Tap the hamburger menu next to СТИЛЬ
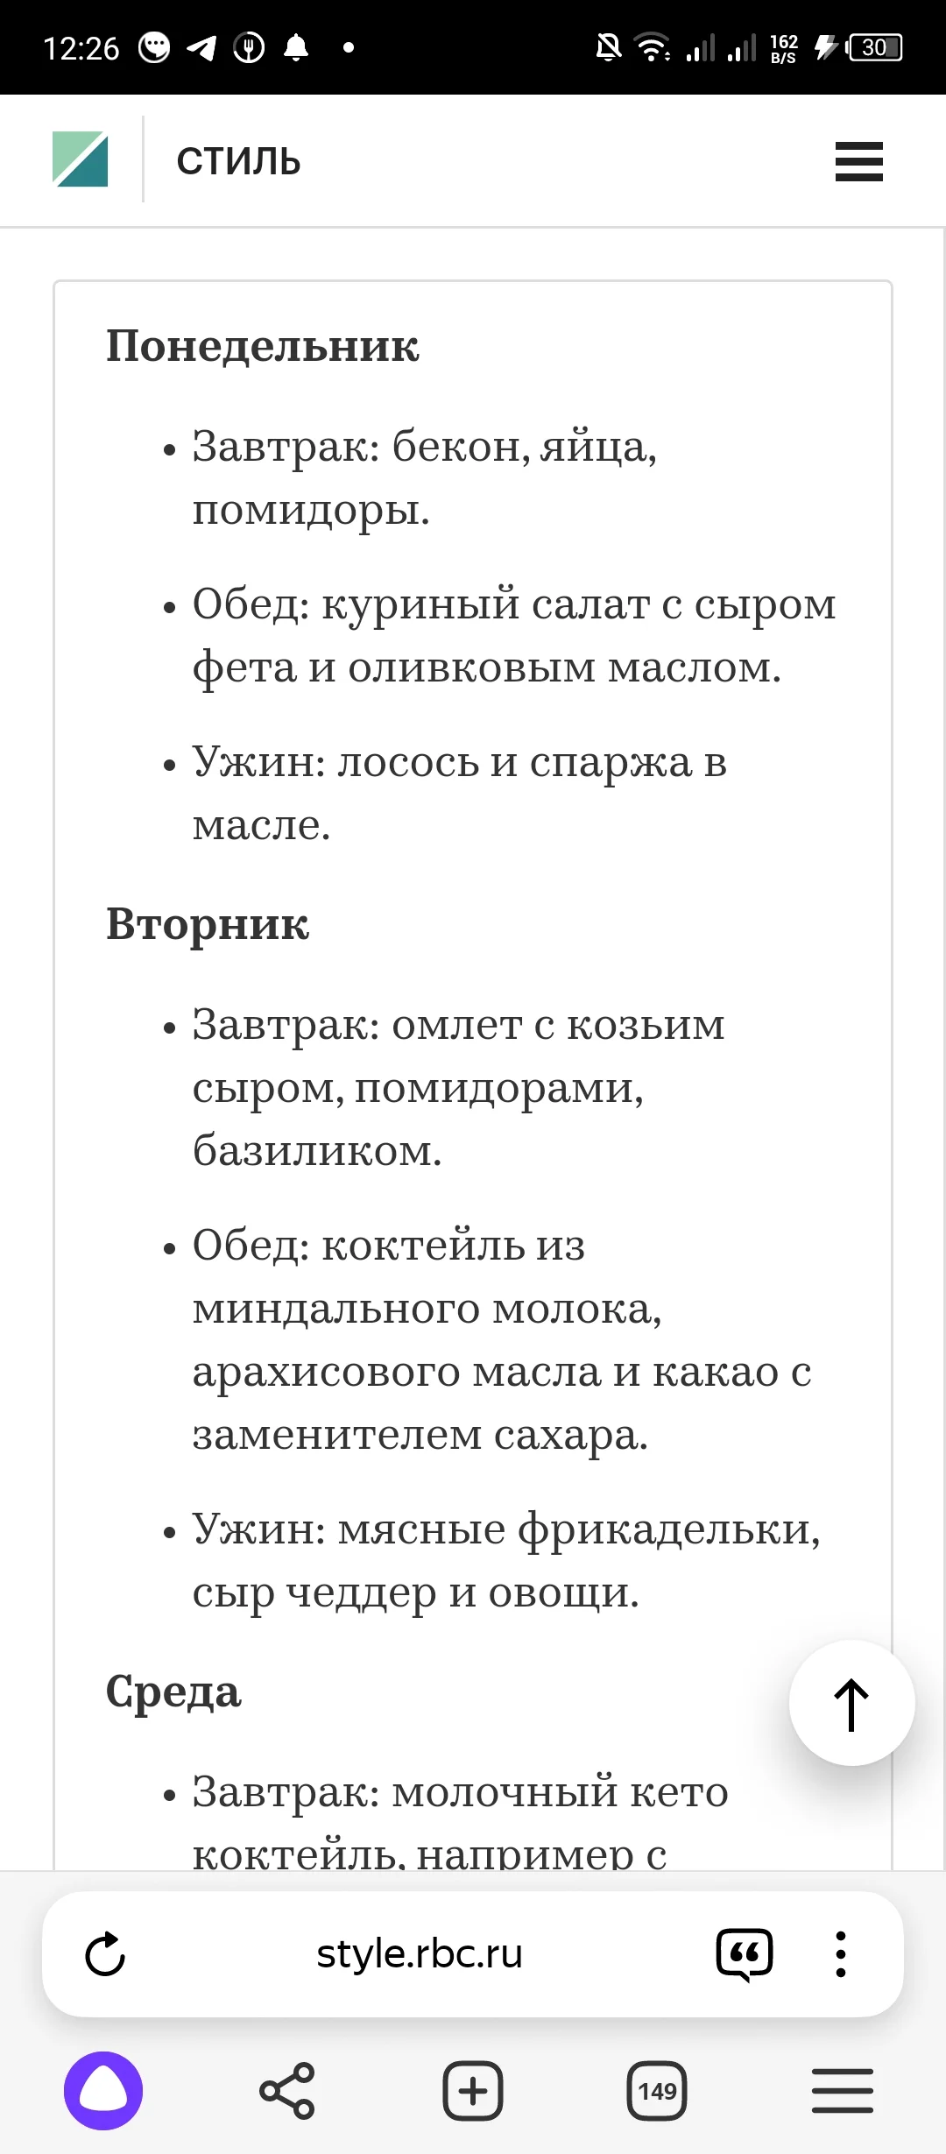coord(858,161)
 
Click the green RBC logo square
coord(80,159)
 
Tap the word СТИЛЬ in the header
coord(238,161)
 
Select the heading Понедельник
coord(263,345)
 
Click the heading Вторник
coord(208,923)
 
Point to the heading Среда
coord(173,1691)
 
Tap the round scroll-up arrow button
coord(851,1703)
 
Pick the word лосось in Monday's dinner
coord(408,762)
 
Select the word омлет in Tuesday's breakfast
coord(456,1025)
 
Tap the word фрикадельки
coord(668,1529)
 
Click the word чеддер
coord(361,1593)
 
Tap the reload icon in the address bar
coord(105,1954)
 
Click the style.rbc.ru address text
coord(419,1954)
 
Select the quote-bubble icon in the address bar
coord(745,1954)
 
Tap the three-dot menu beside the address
coord(840,1954)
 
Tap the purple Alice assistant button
coord(103,2091)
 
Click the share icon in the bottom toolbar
coord(286,2091)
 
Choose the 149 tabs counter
coord(657,2091)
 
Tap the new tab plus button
coord(473,2091)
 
